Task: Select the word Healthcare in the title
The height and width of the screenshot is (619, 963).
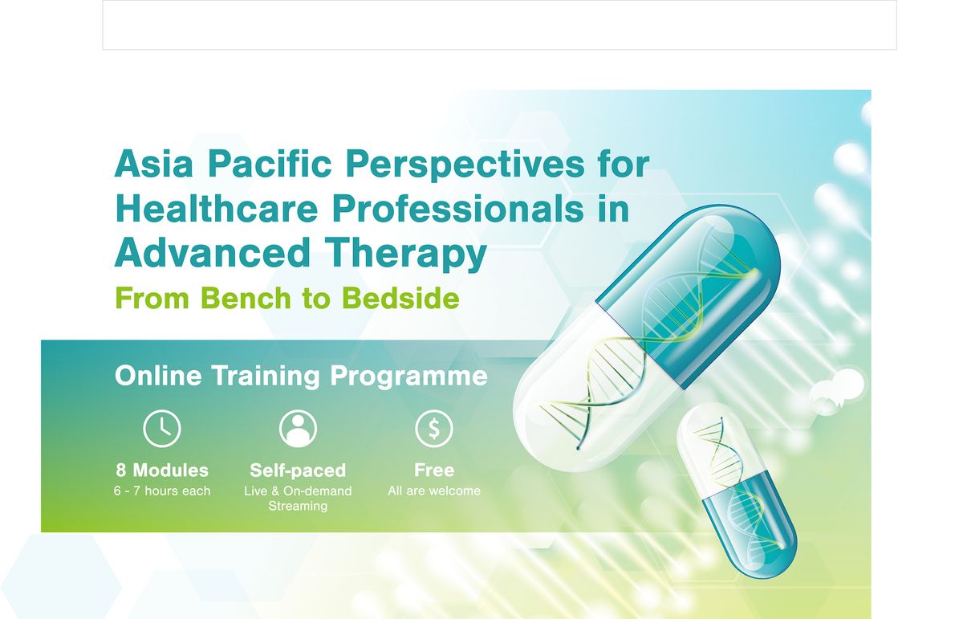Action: coord(218,209)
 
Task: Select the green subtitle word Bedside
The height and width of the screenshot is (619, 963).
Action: coord(400,298)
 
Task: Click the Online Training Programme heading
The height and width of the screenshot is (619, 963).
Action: coord(301,376)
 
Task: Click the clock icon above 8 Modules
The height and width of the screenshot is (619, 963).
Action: coord(162,429)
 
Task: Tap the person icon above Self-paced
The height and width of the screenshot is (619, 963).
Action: coord(298,429)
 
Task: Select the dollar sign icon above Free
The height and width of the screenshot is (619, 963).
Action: coord(434,429)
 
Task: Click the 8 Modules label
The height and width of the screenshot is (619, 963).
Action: coord(162,470)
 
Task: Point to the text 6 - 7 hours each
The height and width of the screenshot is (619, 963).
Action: coord(162,491)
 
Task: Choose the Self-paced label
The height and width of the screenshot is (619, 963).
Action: coord(298,470)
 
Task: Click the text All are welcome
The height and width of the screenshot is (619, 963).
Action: coord(434,491)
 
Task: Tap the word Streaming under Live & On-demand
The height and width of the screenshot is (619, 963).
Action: coord(298,507)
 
